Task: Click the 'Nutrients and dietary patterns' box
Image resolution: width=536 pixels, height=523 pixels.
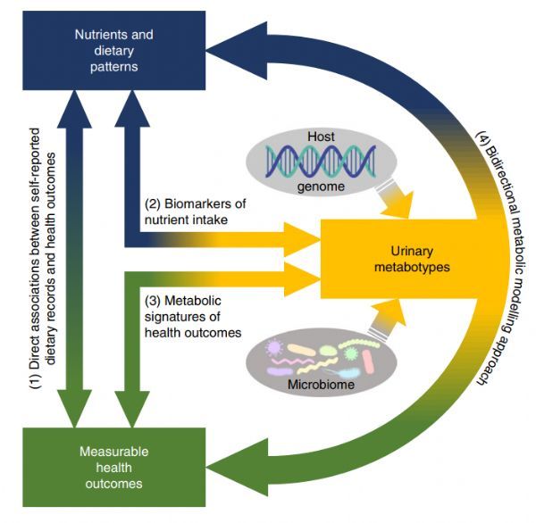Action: click(113, 50)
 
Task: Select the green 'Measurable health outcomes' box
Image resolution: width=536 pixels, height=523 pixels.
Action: click(113, 467)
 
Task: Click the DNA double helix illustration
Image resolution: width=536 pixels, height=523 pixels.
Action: click(321, 161)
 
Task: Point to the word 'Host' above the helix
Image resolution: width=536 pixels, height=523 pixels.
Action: click(321, 137)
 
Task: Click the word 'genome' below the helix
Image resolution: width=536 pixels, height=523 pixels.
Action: click(321, 187)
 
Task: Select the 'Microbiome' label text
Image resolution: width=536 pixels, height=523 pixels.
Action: click(321, 385)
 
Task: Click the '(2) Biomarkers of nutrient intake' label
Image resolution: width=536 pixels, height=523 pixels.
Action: click(195, 212)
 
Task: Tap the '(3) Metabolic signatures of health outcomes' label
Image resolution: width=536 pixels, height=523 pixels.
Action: click(193, 317)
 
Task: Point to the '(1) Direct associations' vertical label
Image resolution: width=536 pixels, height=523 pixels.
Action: click(43, 259)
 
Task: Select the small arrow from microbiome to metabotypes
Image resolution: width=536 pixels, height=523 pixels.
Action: click(388, 320)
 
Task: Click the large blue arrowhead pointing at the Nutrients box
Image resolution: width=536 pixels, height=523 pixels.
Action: click(239, 50)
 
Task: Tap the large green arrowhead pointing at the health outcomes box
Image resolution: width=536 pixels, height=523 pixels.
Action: click(239, 467)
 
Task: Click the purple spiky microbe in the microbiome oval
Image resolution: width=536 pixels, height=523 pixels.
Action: click(274, 348)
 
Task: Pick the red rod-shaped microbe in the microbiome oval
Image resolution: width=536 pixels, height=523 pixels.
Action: click(368, 361)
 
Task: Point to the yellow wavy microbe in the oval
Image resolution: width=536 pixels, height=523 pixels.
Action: click(317, 366)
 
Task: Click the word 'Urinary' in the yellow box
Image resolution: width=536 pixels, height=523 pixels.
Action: click(412, 251)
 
